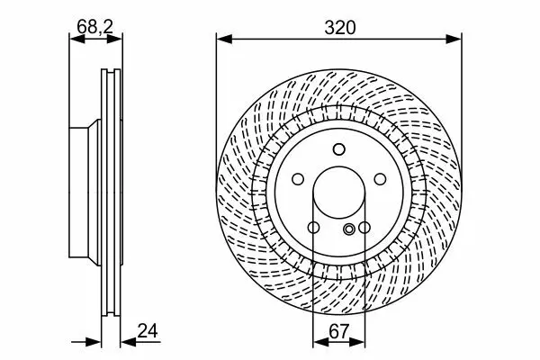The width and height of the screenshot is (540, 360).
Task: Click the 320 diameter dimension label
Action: point(339,28)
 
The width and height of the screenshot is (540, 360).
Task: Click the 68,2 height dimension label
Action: point(94,26)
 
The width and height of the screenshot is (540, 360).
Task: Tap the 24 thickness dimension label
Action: point(148,330)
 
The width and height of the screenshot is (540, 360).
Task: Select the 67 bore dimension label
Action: point(339,332)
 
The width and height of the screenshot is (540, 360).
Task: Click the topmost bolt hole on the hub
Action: point(339,149)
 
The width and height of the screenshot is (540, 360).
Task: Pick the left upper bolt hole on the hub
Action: point(298,179)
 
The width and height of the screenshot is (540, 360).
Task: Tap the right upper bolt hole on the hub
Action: point(380,179)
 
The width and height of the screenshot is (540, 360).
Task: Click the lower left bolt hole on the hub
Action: point(313,228)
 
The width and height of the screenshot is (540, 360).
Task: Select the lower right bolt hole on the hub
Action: point(364,228)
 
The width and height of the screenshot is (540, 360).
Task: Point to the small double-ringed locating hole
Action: point(349,229)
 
